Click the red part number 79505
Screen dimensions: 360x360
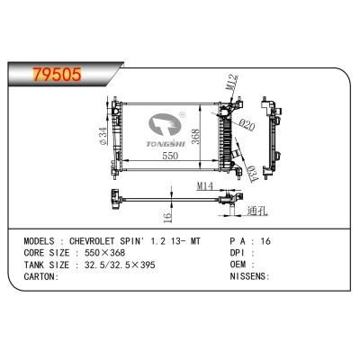57,74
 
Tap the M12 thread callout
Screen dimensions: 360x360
232,83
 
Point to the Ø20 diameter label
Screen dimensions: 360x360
247,124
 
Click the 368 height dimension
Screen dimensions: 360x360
195,137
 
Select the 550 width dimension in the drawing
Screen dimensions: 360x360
170,156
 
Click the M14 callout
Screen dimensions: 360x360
204,186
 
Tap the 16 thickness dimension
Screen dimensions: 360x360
168,217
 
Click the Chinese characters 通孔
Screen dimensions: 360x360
257,211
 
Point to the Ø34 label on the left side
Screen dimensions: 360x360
103,136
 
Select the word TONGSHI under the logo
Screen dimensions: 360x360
166,144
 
